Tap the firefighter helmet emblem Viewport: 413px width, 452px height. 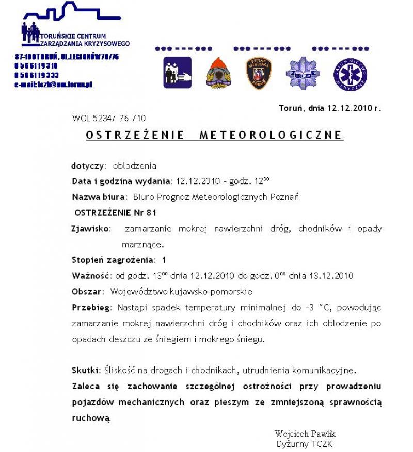(x=219, y=73)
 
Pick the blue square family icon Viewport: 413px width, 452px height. (x=178, y=73)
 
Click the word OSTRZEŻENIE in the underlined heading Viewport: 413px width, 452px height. (x=135, y=135)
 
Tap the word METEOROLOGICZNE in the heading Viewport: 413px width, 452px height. (x=271, y=135)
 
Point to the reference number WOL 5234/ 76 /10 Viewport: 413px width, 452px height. (x=109, y=118)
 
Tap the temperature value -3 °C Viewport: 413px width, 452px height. (x=316, y=308)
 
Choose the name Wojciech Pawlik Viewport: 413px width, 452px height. (x=305, y=433)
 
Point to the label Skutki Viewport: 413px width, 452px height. (x=85, y=370)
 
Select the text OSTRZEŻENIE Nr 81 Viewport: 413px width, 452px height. (x=115, y=212)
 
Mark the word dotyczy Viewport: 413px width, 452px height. (x=88, y=165)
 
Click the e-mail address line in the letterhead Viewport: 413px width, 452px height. (x=53, y=84)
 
